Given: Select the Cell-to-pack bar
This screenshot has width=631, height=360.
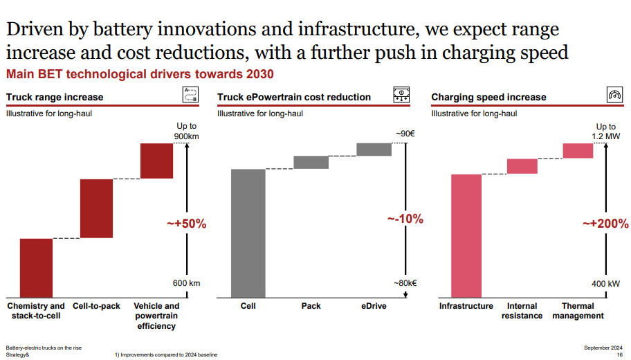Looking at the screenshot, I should pyautogui.click(x=96, y=208).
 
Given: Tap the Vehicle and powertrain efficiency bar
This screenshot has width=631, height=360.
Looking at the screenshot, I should pyautogui.click(x=156, y=161).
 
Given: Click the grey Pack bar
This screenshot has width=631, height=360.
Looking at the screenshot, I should pyautogui.click(x=311, y=162).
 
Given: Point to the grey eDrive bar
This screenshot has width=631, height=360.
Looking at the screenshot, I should pyautogui.click(x=374, y=150).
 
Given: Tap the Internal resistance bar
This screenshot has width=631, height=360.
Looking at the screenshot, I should pyautogui.click(x=522, y=166).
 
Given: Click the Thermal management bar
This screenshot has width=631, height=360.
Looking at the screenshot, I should pyautogui.click(x=578, y=150).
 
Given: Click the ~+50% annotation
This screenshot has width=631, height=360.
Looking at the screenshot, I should pyautogui.click(x=186, y=224).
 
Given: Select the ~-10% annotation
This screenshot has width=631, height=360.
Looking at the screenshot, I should pyautogui.click(x=404, y=219).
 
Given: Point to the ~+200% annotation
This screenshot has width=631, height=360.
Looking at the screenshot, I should pyautogui.click(x=605, y=224).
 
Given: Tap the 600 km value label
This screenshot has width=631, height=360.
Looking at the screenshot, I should pyautogui.click(x=186, y=283).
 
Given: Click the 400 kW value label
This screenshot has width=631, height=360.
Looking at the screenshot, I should pyautogui.click(x=606, y=284).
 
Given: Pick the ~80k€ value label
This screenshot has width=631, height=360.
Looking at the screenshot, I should pyautogui.click(x=406, y=282).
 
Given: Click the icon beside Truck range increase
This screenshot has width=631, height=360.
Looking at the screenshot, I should pyautogui.click(x=190, y=96).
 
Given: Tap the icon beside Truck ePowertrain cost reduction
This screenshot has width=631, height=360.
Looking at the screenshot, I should pyautogui.click(x=401, y=96).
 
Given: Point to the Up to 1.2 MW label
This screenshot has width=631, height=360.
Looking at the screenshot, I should pyautogui.click(x=606, y=132).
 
